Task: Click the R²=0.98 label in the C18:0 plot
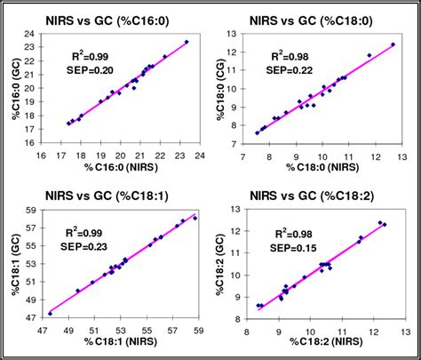[291, 54]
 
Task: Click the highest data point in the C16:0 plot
[187, 42]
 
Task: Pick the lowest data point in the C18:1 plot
[50, 313]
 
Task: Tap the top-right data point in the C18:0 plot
[393, 44]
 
